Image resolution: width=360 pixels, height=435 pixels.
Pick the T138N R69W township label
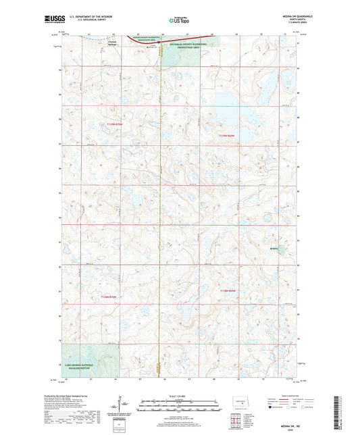(230, 290)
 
